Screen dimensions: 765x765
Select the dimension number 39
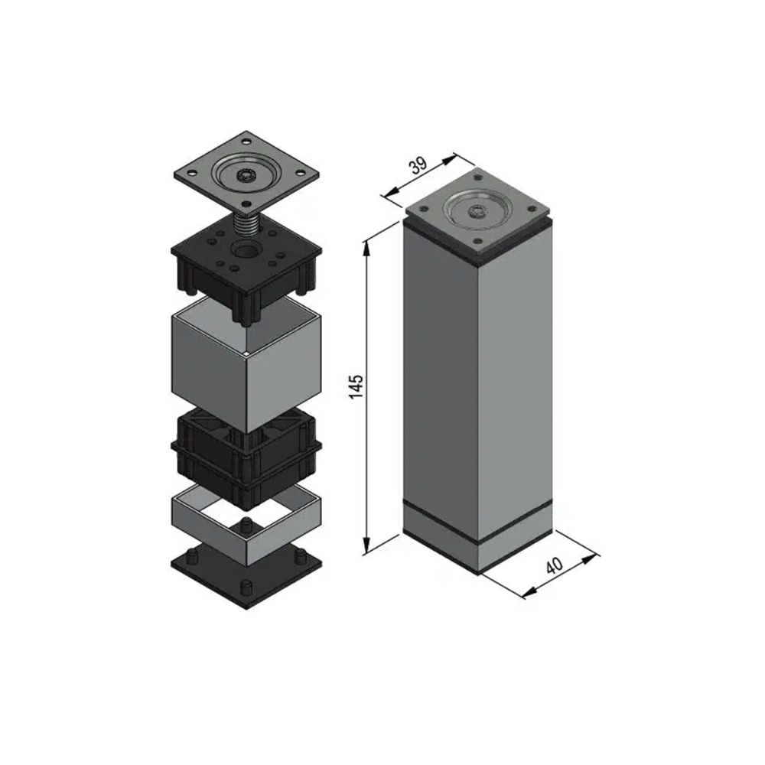418,166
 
